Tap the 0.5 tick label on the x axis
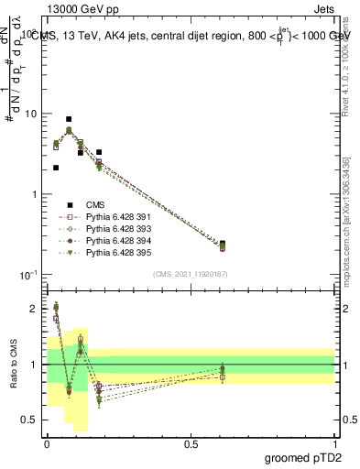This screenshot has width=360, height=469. (x=191, y=443)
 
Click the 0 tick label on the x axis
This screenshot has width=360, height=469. (x=47, y=443)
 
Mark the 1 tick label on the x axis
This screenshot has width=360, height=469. (x=334, y=443)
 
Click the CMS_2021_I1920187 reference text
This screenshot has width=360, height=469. (x=191, y=274)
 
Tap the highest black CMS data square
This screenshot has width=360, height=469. (x=69, y=119)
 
